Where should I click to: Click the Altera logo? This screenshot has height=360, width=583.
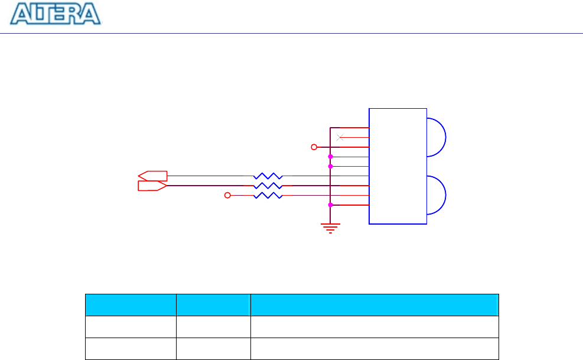tap(57, 14)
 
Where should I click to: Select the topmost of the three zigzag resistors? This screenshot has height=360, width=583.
tap(268, 176)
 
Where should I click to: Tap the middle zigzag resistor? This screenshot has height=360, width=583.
tap(268, 186)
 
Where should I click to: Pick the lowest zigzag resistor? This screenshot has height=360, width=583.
tap(268, 195)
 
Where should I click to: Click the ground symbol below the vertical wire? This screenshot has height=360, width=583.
tap(330, 228)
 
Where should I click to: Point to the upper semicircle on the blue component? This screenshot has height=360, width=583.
tap(436, 137)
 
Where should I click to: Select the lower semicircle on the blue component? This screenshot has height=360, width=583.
tap(436, 195)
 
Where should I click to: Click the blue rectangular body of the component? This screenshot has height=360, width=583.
tap(398, 166)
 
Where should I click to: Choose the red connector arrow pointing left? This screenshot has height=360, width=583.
tap(152, 176)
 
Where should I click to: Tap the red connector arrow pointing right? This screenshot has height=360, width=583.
tap(152, 186)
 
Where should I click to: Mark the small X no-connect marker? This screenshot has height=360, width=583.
tap(339, 138)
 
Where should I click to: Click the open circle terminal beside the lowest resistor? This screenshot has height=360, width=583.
tap(227, 195)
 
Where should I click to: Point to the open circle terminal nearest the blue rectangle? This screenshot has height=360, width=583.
tap(314, 147)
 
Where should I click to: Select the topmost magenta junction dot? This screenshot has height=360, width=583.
tap(330, 157)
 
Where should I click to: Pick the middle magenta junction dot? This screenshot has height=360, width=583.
tap(330, 166)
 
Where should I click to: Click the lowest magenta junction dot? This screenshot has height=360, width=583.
tap(330, 205)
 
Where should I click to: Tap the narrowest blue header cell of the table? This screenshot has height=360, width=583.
tap(213, 305)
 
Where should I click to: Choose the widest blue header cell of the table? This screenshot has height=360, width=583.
tap(374, 305)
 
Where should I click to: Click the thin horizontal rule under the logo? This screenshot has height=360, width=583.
tap(291, 33)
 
